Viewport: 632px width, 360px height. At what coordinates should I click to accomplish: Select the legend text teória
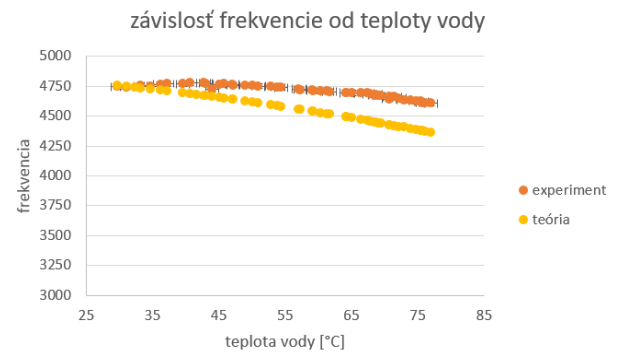click(551, 219)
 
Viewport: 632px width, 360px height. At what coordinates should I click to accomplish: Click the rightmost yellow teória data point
click(430, 132)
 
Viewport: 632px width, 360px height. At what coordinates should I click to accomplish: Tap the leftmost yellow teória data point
click(117, 86)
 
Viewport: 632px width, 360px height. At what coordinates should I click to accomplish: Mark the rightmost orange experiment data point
click(430, 102)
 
